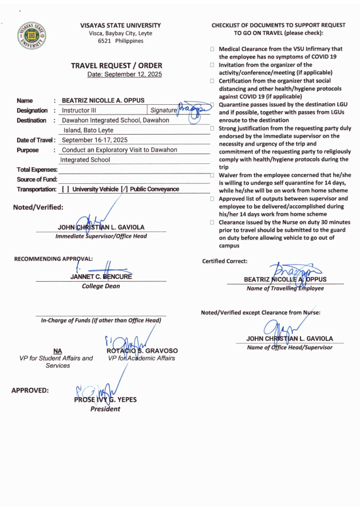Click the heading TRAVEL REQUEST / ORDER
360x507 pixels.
[116, 66]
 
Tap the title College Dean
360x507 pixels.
[101, 286]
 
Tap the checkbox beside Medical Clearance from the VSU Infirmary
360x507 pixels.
[212, 49]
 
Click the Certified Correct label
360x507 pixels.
[222, 261]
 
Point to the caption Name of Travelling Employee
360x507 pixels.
[284, 288]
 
